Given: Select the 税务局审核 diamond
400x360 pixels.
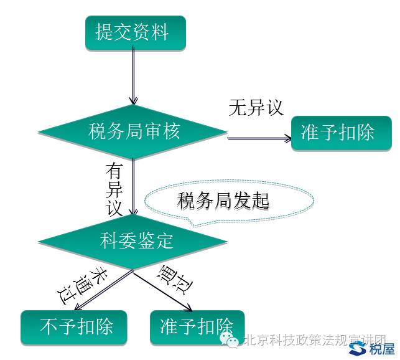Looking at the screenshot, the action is coord(134,132).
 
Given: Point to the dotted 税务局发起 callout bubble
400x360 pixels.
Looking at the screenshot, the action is coord(228,201).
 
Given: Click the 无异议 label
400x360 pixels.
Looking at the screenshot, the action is coord(256,107).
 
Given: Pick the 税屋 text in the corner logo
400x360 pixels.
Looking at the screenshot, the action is coord(381,349).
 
